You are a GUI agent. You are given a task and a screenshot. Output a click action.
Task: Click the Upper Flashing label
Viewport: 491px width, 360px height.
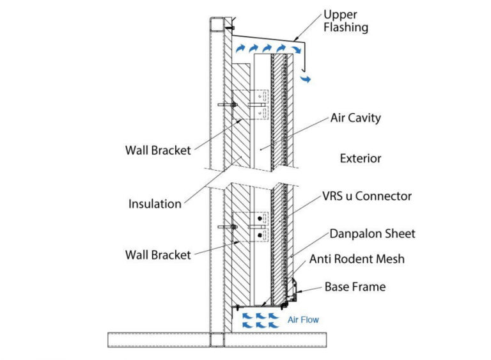pyautogui.click(x=346, y=20)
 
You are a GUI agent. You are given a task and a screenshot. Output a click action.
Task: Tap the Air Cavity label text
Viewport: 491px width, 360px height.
pyautogui.click(x=355, y=118)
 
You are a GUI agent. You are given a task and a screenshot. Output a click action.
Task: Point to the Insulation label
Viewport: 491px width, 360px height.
pyautogui.click(x=155, y=204)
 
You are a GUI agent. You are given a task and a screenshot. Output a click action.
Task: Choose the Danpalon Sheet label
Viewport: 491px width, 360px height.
pyautogui.click(x=372, y=234)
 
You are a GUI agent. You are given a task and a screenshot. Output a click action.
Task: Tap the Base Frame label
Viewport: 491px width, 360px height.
pyautogui.click(x=355, y=287)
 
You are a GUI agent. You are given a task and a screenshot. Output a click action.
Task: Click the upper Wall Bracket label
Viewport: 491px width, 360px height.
pyautogui.click(x=158, y=151)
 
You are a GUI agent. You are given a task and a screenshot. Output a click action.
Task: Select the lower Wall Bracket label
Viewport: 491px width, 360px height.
pyautogui.click(x=158, y=255)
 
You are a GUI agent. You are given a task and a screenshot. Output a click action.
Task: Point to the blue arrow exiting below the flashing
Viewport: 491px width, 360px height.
pyautogui.click(x=308, y=79)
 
